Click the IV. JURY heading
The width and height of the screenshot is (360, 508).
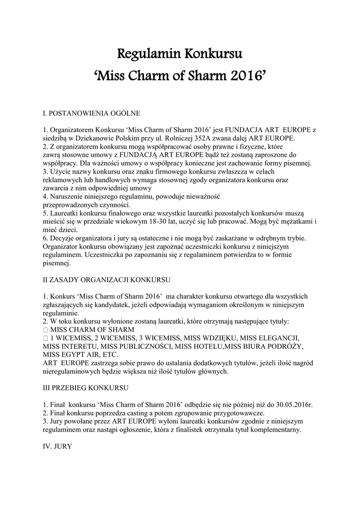(58, 446)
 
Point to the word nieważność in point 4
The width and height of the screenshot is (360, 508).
(216, 196)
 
